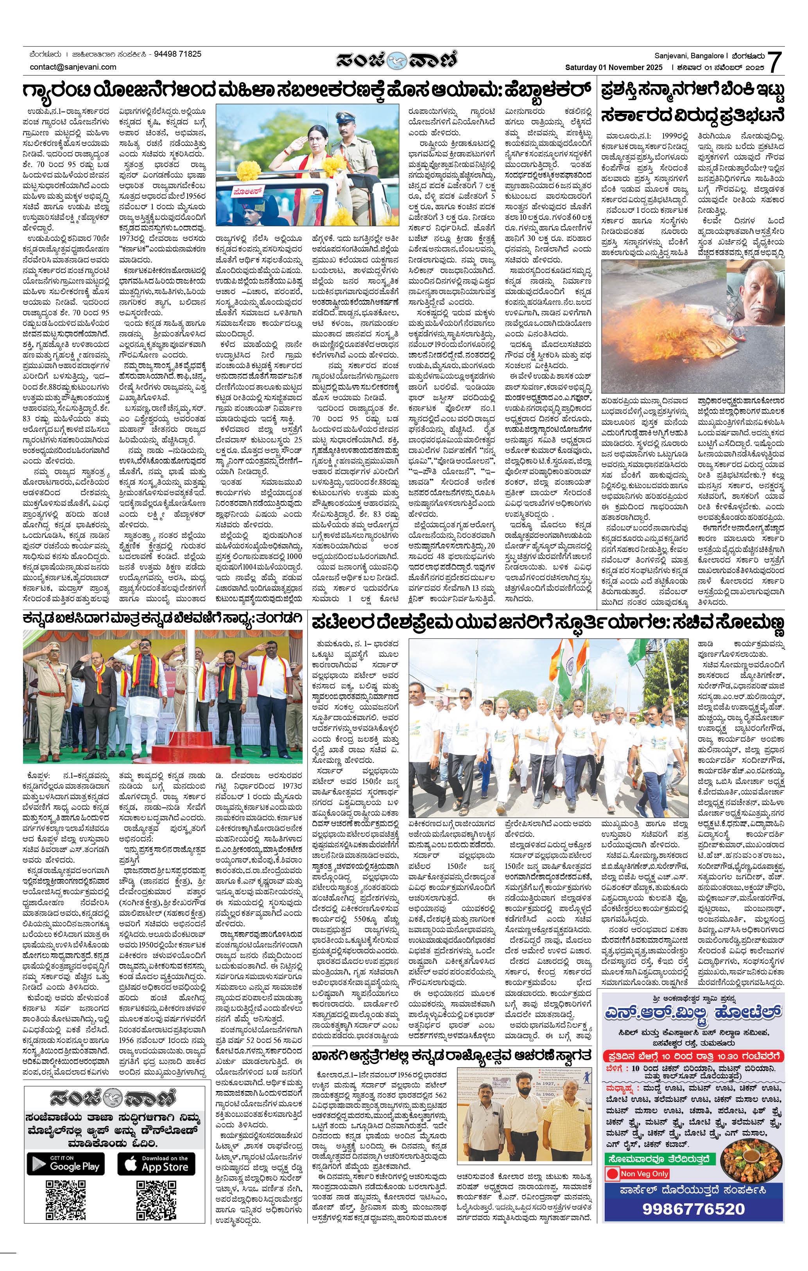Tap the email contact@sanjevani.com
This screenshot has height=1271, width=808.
click(x=73, y=67)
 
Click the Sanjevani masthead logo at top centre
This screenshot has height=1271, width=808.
click(x=398, y=59)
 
